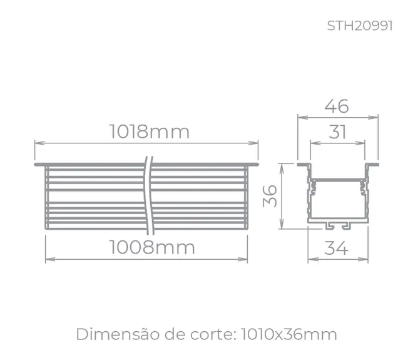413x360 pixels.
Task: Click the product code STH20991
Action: point(360,26)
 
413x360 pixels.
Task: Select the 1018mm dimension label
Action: point(150,131)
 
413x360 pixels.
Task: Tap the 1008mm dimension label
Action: point(152,247)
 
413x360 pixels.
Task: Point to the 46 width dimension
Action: point(337,106)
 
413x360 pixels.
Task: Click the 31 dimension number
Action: point(337,131)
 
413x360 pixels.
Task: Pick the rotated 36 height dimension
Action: point(270,196)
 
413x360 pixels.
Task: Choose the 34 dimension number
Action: point(337,248)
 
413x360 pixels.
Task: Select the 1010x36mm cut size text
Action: point(289,334)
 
